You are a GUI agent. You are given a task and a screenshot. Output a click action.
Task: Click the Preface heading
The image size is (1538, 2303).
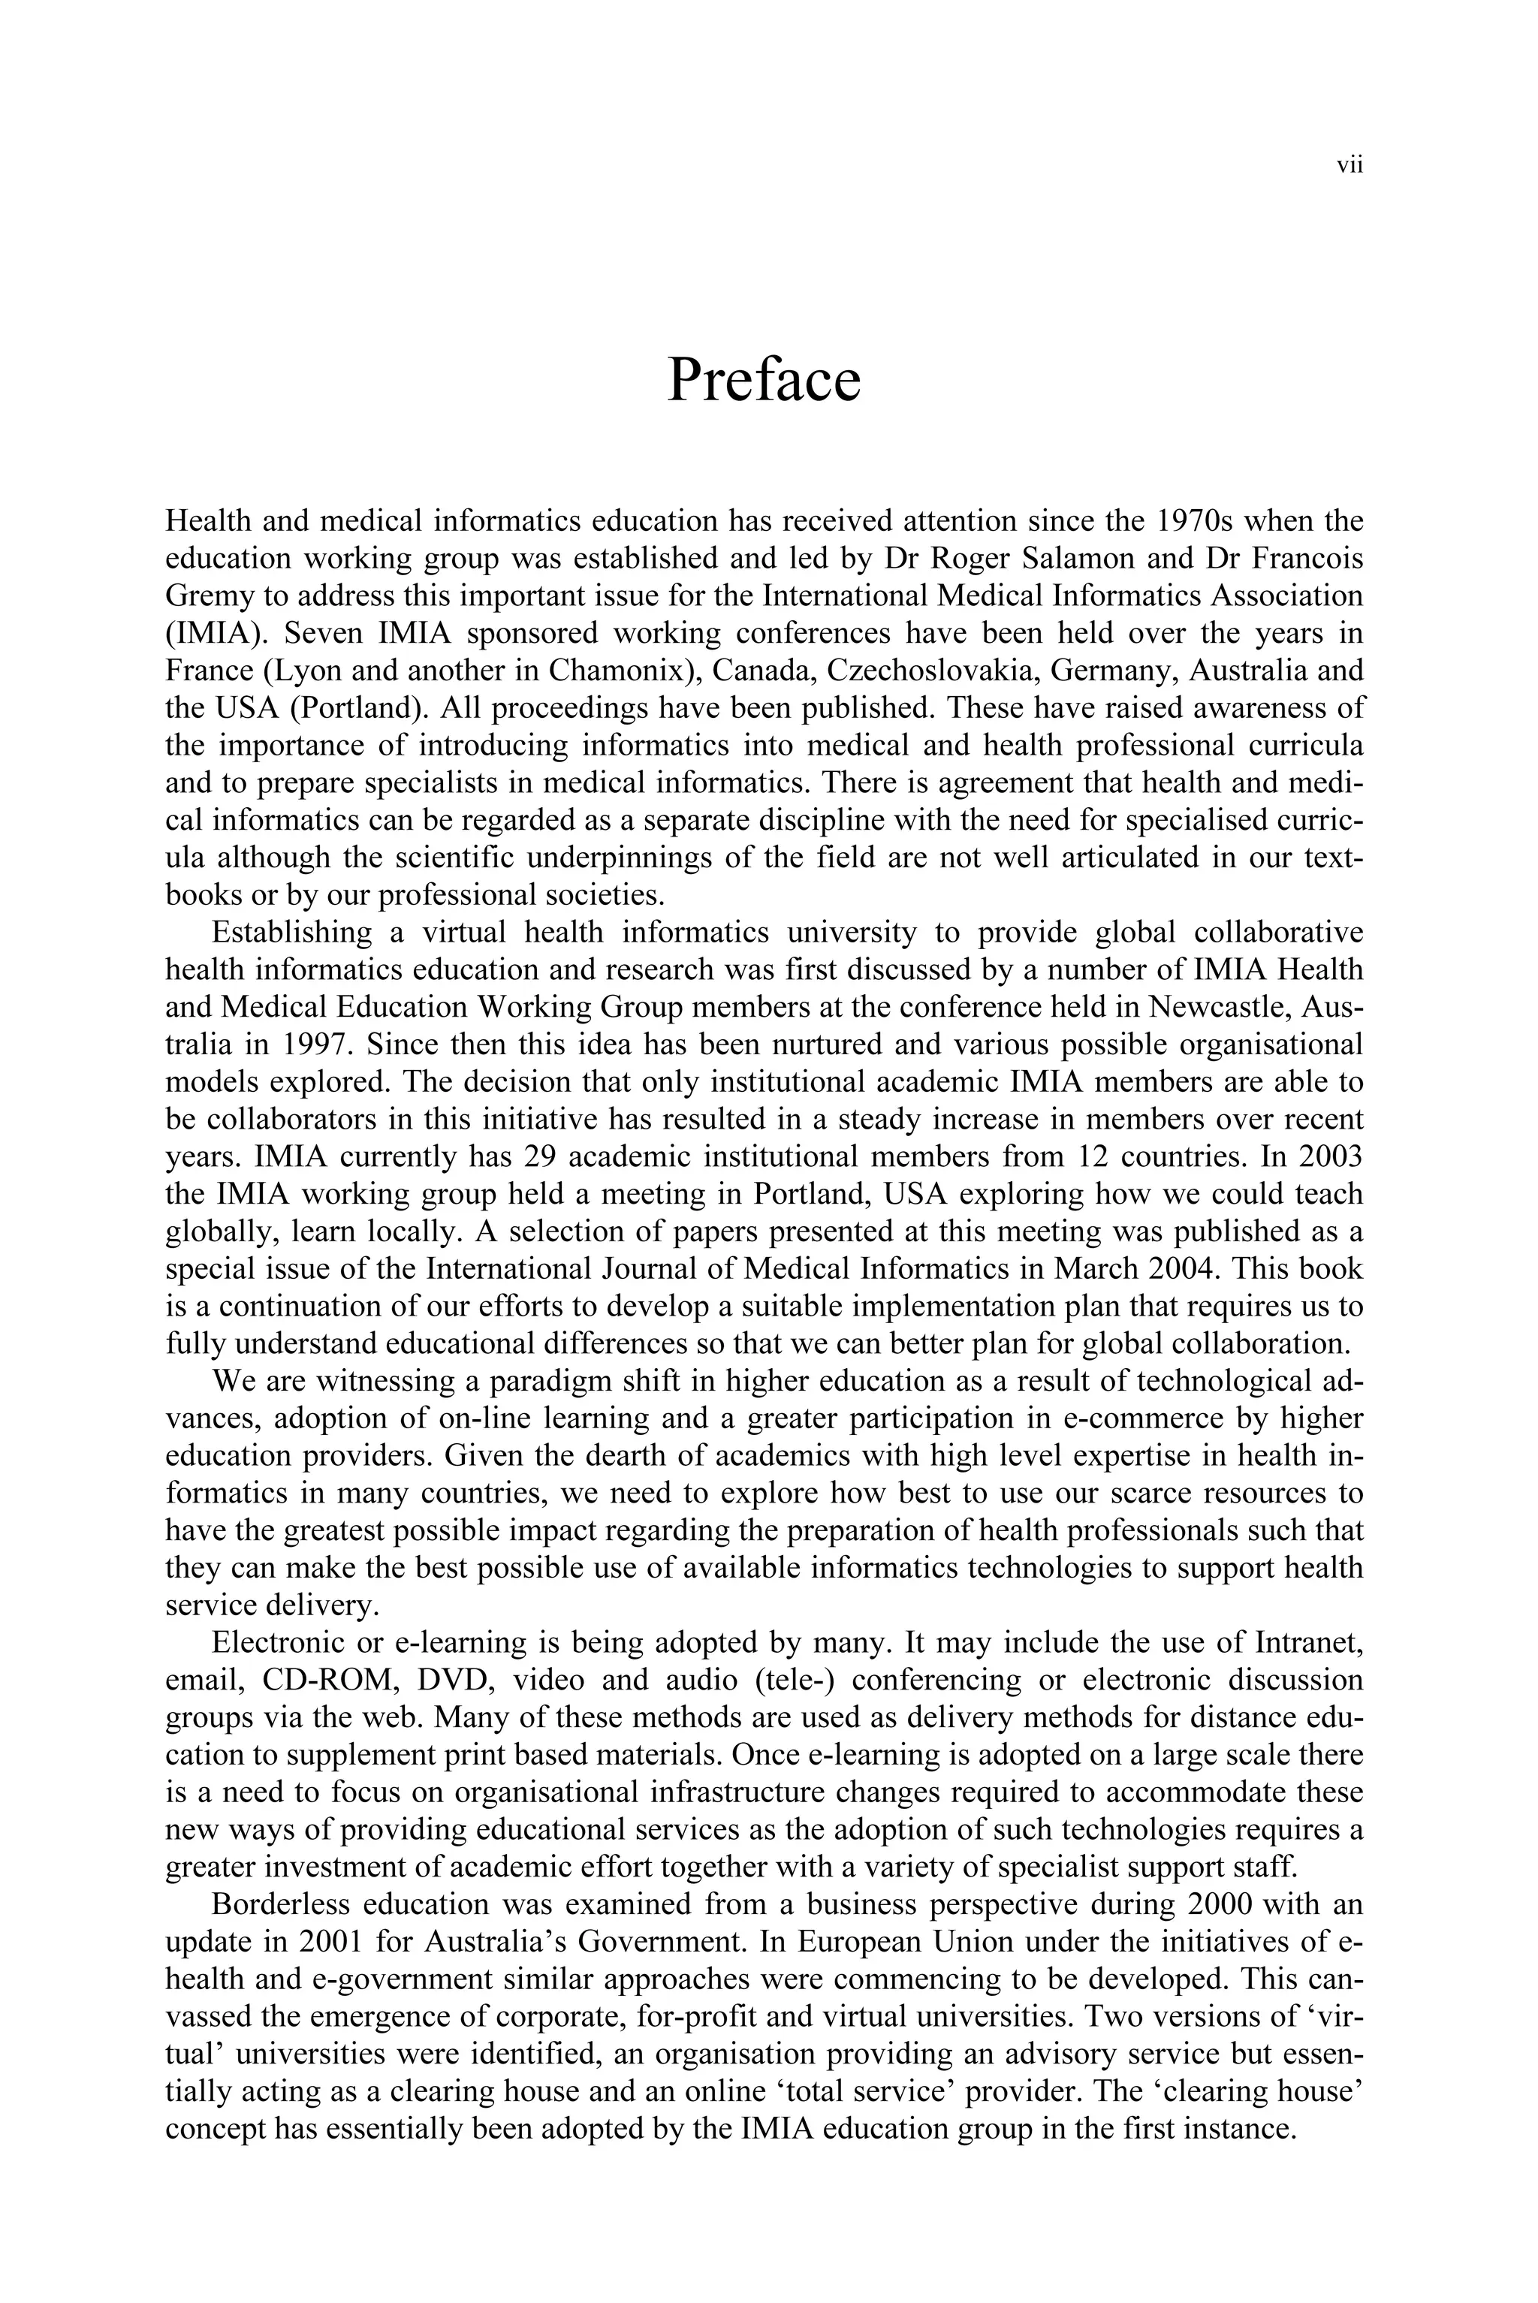click(x=763, y=380)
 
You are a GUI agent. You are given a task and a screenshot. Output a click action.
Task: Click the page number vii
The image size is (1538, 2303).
click(x=1350, y=166)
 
